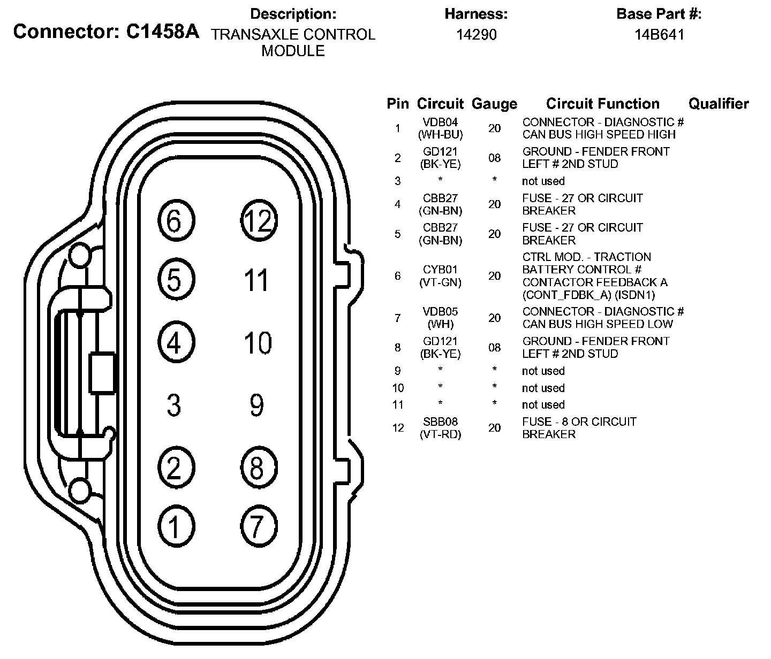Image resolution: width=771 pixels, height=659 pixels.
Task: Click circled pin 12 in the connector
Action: tap(258, 220)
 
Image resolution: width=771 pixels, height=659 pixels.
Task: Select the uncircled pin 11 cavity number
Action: tap(256, 280)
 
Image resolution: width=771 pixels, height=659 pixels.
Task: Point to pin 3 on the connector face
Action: tap(173, 405)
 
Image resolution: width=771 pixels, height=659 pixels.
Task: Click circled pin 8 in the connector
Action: tap(257, 467)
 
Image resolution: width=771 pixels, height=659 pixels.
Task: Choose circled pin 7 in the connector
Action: tap(257, 526)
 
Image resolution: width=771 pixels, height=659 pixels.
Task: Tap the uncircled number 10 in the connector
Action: tap(258, 343)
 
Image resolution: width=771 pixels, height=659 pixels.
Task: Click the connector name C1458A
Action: tap(162, 32)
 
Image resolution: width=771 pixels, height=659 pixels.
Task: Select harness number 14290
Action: tap(476, 35)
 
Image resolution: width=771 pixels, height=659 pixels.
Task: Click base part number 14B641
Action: tap(659, 35)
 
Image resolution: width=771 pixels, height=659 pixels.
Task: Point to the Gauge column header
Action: tap(494, 104)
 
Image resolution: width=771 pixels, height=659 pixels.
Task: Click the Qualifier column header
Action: tap(718, 104)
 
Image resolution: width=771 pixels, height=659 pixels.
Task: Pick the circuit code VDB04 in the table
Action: tap(440, 122)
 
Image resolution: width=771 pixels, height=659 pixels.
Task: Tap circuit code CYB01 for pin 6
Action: tap(440, 270)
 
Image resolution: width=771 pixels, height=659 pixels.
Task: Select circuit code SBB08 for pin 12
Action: tap(440, 422)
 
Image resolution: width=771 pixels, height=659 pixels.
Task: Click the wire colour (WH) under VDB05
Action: tap(440, 324)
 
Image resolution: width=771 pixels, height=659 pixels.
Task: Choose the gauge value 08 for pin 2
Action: tap(494, 158)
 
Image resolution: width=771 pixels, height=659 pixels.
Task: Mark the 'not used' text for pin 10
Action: tap(543, 388)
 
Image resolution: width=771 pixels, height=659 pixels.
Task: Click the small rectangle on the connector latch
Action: tap(103, 373)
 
